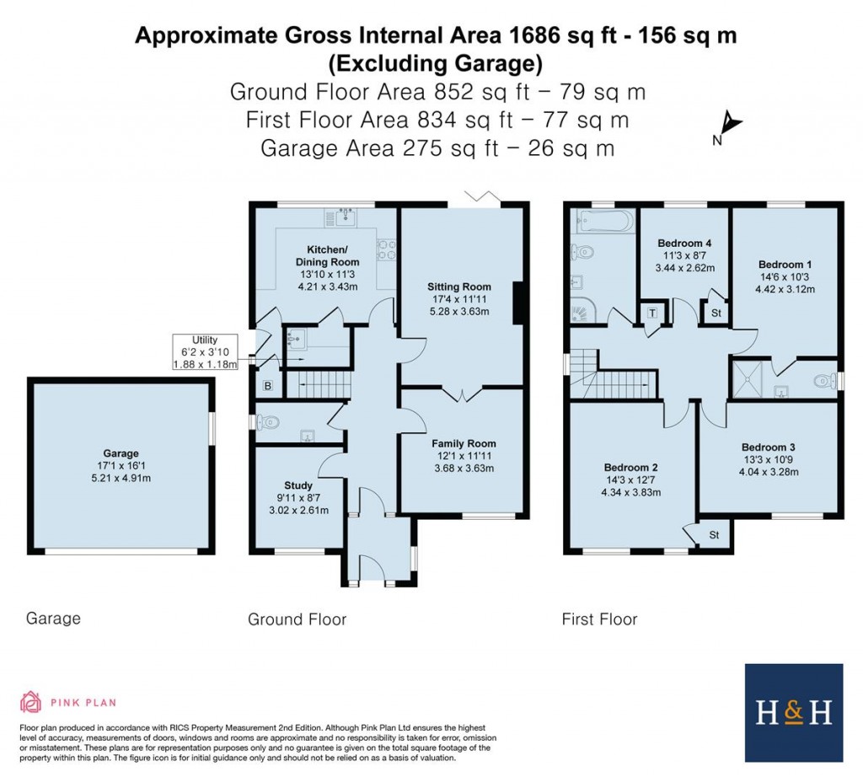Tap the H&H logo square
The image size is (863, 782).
793,713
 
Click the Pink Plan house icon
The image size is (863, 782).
30,701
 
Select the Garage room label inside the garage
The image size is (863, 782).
121,453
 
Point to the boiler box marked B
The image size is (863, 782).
268,387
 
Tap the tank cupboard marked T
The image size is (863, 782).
652,313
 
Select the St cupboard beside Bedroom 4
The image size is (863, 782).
716,313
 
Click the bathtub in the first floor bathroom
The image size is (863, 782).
603,222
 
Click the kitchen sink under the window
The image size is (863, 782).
345,217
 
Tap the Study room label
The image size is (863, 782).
298,485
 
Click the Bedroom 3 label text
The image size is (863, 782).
769,447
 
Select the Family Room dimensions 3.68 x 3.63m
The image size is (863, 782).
464,469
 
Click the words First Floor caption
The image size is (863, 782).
599,619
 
